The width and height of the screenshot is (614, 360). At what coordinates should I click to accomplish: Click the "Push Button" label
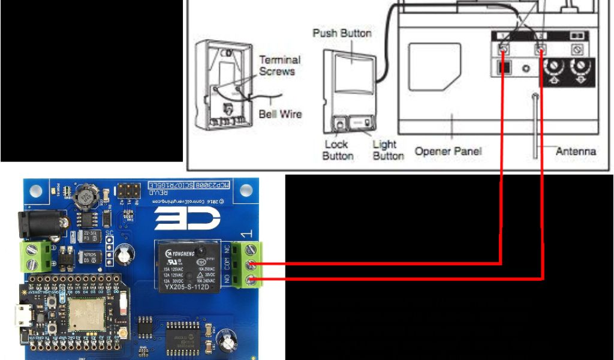click(342, 32)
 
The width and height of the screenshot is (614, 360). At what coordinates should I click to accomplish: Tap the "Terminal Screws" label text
click(279, 65)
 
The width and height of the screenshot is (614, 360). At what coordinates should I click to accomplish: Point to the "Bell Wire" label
click(280, 113)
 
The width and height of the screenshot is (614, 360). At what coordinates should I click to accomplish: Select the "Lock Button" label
click(338, 150)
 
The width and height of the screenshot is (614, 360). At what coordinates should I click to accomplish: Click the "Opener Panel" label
click(449, 151)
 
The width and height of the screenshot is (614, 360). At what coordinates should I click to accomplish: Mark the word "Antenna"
click(576, 151)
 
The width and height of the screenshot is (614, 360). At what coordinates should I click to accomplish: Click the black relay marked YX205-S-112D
click(186, 266)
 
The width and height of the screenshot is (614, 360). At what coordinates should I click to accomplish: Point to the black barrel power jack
click(37, 223)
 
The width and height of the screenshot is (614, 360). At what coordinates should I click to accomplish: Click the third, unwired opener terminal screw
click(577, 49)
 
